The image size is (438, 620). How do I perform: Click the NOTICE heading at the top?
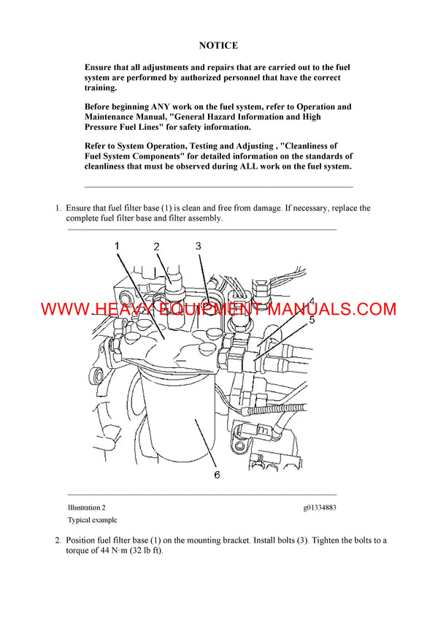[218, 45]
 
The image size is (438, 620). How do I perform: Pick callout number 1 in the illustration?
[117, 246]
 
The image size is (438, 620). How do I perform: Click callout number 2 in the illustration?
[156, 247]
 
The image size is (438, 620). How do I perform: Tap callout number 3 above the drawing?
[198, 246]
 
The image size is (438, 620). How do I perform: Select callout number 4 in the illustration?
[311, 301]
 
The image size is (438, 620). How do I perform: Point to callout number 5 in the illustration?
[311, 319]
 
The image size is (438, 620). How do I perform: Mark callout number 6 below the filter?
[217, 475]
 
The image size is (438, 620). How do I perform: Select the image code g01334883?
[320, 508]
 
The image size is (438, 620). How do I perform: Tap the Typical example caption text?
[92, 520]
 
